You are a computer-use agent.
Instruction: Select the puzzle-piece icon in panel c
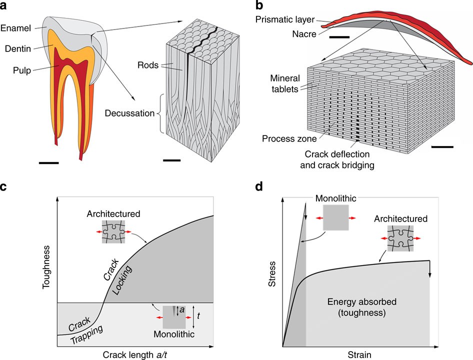(113, 232)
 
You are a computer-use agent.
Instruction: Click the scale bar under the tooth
(48, 162)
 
